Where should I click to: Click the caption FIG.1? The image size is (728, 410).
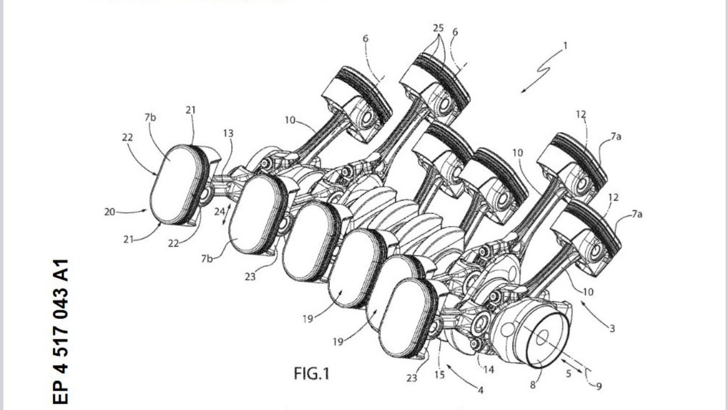point(311,373)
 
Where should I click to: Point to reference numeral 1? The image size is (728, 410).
point(565,46)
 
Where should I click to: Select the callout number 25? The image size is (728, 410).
point(438,28)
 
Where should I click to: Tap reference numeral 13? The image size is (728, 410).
point(228,133)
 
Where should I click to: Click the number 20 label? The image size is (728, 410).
point(110,212)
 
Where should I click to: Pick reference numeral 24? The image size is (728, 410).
point(219,212)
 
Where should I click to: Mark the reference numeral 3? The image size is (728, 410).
point(611,328)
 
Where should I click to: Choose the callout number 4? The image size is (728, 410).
point(480,390)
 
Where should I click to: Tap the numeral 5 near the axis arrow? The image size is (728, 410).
point(568,373)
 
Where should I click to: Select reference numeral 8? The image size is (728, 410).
point(533,385)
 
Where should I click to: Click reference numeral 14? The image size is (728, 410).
point(489,369)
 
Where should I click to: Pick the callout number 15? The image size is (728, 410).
point(439,375)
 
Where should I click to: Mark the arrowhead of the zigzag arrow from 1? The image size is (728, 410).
point(523,91)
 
